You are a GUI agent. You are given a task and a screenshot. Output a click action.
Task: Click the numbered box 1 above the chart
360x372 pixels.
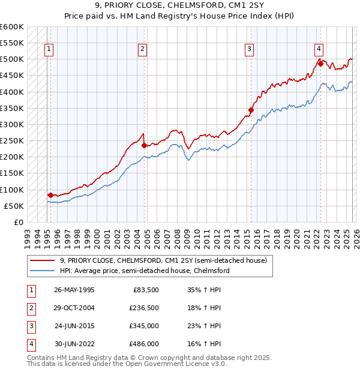[49, 50]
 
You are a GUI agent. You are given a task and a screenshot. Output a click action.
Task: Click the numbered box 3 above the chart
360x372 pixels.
[249, 50]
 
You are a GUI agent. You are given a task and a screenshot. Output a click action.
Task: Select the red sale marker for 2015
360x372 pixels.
[251, 110]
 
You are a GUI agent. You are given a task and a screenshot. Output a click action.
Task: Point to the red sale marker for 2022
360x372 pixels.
[321, 64]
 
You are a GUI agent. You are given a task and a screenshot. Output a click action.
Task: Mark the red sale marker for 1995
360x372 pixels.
[50, 195]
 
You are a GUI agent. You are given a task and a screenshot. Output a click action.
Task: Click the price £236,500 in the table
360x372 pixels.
[143, 307]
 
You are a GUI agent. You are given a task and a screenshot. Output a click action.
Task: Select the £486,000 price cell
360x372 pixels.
[143, 344]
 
